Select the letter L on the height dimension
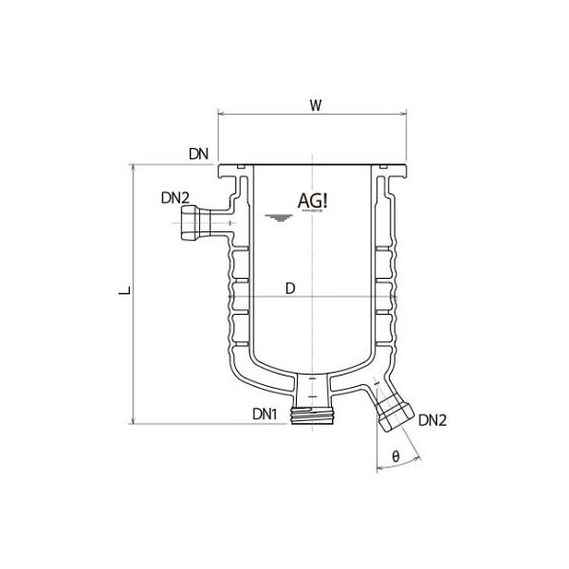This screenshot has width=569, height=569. tap(121, 295)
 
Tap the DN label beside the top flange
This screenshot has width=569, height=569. tap(198, 153)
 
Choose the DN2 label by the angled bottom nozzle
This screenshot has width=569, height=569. tap(431, 418)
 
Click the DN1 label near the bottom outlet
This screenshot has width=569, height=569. tap(265, 414)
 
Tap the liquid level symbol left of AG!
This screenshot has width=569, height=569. tap(277, 219)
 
